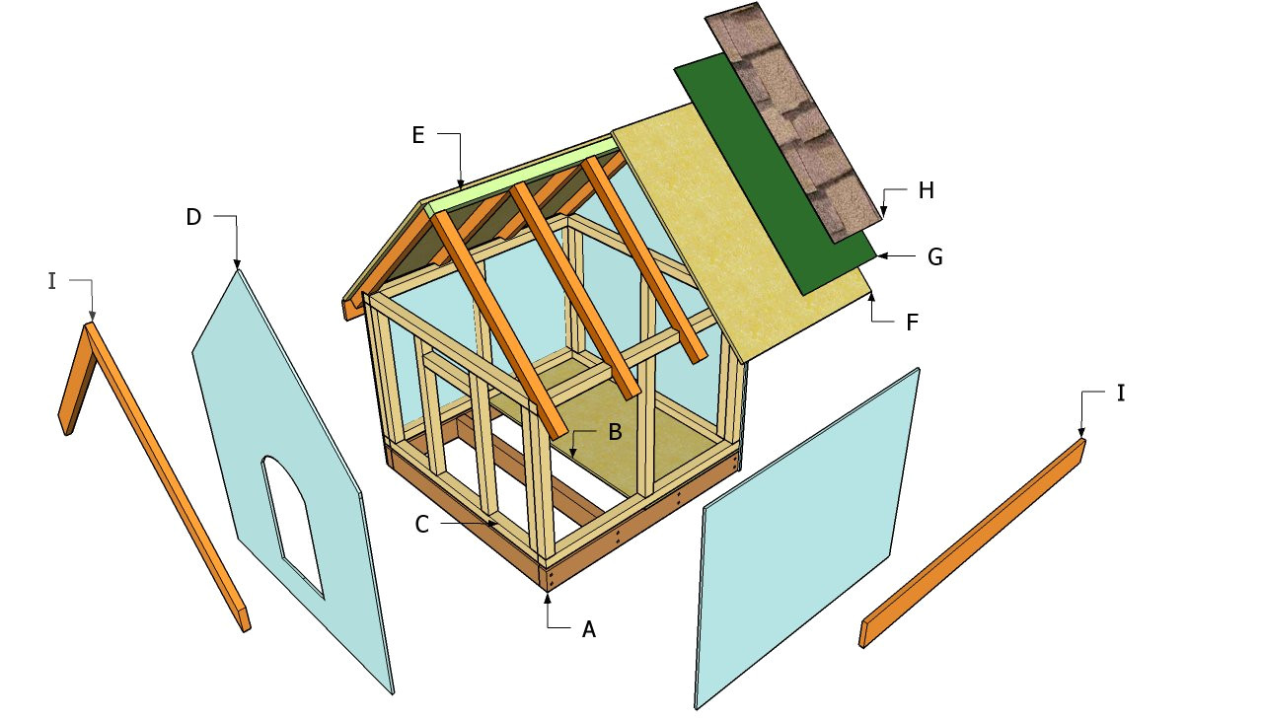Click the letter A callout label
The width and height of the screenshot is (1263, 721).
[589, 629]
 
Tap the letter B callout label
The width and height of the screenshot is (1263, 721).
[615, 432]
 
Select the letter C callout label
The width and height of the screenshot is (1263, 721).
[421, 525]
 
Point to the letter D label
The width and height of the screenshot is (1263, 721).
[193, 216]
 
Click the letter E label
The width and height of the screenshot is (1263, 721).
[417, 135]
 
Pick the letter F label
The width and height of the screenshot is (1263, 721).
[912, 323]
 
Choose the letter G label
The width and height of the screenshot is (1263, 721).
[934, 257]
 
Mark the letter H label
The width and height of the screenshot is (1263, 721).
[926, 190]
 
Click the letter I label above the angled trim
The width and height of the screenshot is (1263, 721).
[52, 281]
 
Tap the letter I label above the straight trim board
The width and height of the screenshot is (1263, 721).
[1121, 393]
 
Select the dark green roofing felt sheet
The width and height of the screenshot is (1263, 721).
[776, 174]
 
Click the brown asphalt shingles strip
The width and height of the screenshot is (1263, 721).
[793, 121]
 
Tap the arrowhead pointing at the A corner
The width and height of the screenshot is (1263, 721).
[548, 599]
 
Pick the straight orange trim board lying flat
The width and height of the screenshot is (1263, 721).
[972, 542]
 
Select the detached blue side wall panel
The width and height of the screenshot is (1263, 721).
[807, 538]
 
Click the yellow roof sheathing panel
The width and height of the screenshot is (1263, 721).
[739, 232]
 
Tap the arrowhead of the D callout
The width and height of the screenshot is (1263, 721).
[237, 263]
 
